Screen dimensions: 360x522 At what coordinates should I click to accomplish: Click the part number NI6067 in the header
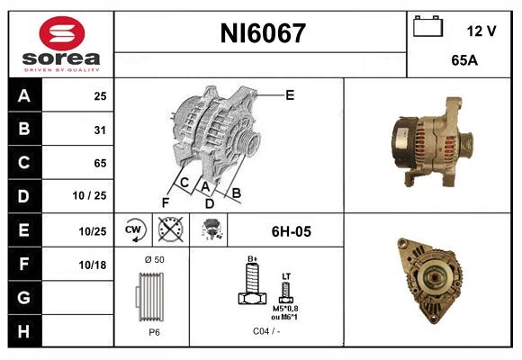pos(263,34)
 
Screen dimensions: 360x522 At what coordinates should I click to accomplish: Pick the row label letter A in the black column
pos(22,96)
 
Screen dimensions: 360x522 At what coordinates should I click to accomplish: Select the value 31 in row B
pos(99,130)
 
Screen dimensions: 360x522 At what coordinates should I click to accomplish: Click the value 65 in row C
pos(99,163)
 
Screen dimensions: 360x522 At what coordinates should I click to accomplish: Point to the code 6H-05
pos(291,231)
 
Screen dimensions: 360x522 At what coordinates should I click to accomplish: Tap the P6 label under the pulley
pos(154,331)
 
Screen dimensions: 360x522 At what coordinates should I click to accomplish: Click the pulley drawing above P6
pos(152,296)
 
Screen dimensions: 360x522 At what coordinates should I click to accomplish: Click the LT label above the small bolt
pos(287,276)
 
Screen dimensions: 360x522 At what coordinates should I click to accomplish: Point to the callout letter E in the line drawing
pos(289,94)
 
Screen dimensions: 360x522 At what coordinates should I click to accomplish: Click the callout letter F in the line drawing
pos(165,202)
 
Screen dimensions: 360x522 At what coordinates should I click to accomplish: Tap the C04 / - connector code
pos(265,332)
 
